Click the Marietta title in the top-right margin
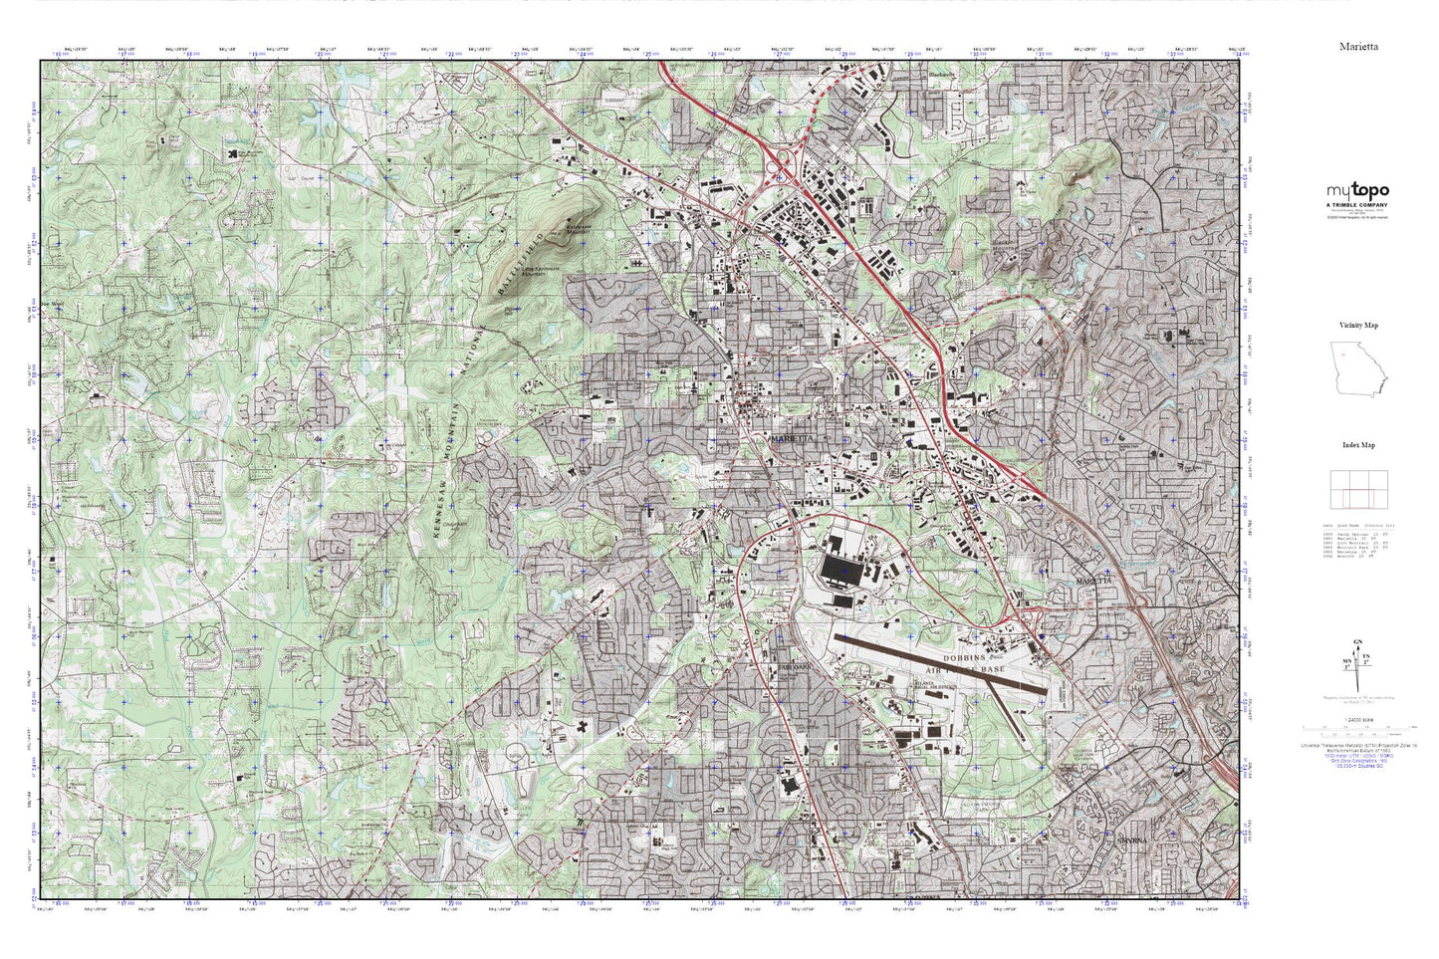(1360, 46)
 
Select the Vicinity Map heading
(1358, 326)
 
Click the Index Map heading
(1358, 445)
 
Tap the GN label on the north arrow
(1358, 641)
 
